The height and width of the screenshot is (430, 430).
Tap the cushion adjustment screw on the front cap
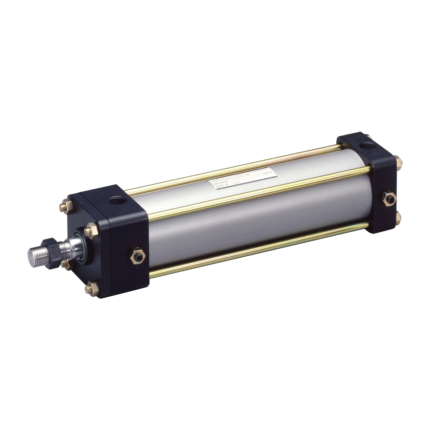[137, 256]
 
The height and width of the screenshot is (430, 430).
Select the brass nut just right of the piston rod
[92, 231]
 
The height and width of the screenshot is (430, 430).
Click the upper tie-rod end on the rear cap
[399, 162]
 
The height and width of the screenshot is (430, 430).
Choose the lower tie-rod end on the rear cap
[398, 218]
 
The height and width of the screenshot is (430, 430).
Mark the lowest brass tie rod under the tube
[258, 249]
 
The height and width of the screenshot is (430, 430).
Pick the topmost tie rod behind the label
[241, 169]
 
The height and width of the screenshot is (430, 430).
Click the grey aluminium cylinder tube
[258, 219]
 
